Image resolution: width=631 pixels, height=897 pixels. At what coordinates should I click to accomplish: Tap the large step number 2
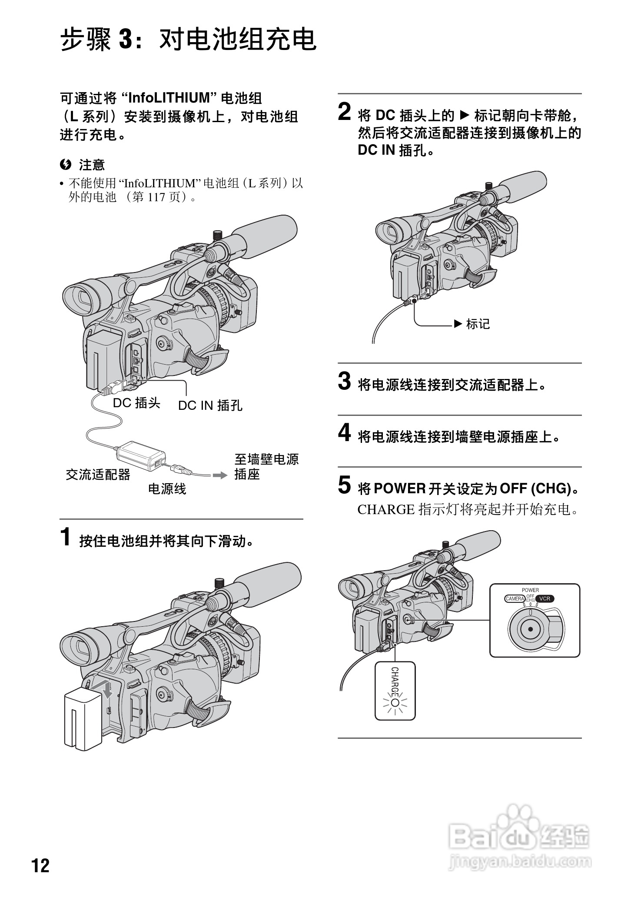(345, 113)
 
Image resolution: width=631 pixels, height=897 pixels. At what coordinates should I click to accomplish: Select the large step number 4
(345, 433)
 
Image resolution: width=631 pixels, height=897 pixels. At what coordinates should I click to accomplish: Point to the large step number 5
(345, 485)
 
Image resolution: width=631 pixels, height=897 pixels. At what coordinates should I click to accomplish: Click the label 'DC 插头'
(136, 403)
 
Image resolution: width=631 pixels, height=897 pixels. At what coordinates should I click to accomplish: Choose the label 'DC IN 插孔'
(210, 405)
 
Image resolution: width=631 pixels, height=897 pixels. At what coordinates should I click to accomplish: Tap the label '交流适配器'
(98, 475)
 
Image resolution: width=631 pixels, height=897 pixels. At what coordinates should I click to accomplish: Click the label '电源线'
(167, 489)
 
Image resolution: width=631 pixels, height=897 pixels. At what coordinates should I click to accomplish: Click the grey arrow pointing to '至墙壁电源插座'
(220, 475)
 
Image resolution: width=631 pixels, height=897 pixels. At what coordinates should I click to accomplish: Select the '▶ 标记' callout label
(472, 324)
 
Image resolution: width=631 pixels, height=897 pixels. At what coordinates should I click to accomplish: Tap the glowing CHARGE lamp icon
(395, 703)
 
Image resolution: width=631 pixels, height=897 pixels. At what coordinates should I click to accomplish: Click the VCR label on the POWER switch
(545, 598)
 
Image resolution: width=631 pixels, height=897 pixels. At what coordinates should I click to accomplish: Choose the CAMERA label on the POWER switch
(515, 598)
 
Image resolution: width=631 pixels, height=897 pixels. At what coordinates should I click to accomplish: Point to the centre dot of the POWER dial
(530, 628)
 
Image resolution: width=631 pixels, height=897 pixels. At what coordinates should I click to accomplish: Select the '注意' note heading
(92, 165)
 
